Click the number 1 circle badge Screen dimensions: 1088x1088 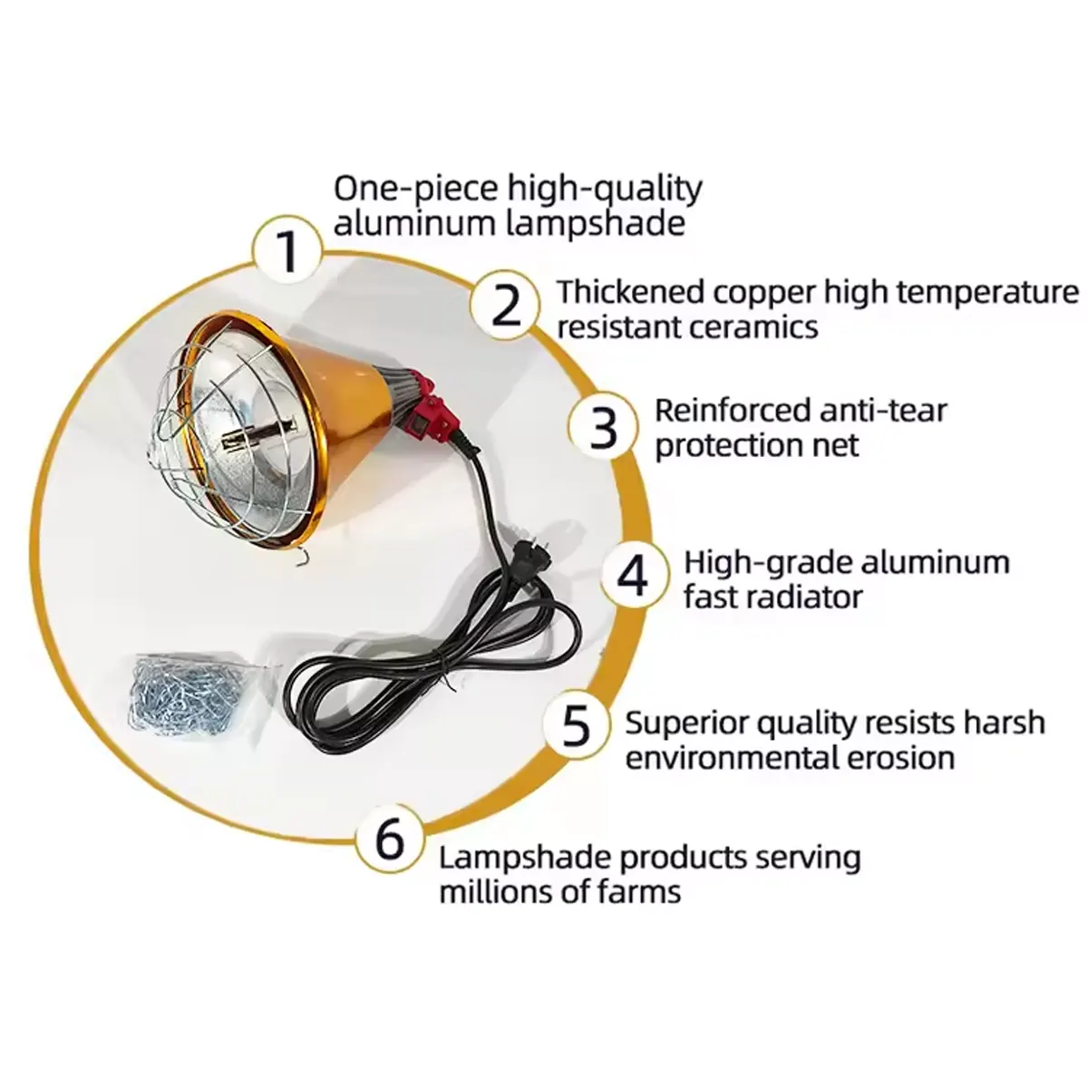[288, 250]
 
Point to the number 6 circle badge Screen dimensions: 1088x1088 [389, 839]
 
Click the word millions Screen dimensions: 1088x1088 [492, 891]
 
